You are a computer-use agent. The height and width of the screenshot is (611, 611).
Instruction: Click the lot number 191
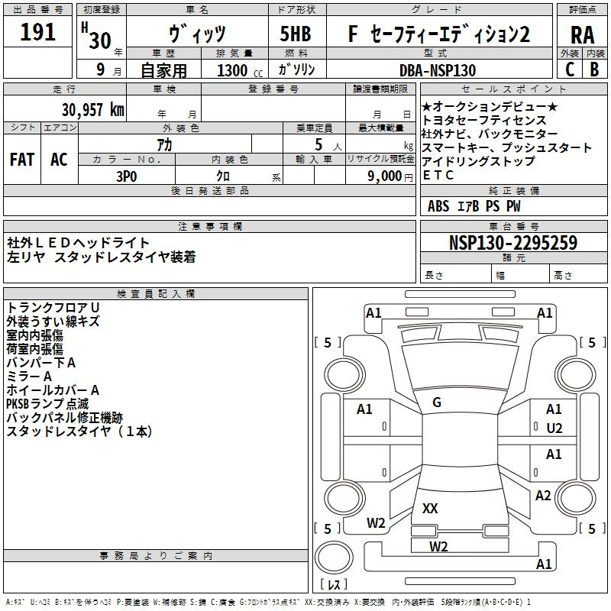[38, 34]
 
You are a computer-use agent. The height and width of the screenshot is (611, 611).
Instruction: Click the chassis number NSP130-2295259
[512, 243]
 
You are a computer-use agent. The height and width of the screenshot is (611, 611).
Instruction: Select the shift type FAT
[22, 159]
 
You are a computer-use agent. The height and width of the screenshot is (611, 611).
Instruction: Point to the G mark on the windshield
[437, 402]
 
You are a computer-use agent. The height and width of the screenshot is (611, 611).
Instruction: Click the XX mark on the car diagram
[430, 508]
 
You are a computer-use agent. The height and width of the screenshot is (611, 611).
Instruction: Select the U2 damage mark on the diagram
[554, 428]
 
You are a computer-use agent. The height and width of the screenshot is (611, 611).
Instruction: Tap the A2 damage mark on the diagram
[543, 496]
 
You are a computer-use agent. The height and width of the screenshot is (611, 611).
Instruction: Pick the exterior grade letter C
[570, 69]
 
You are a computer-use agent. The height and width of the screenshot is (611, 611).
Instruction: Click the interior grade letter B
[594, 69]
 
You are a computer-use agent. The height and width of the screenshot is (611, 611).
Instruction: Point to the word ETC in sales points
[438, 175]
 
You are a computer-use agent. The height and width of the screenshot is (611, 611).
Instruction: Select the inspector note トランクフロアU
[53, 307]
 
